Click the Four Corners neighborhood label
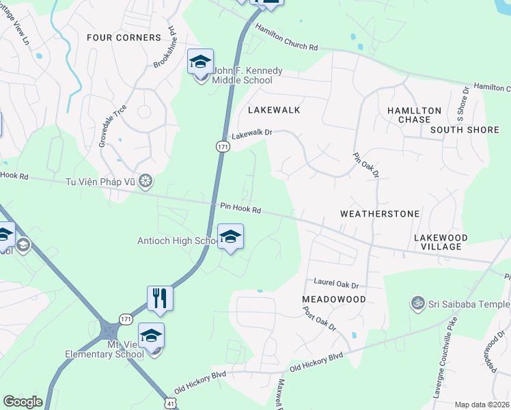(x=124, y=38)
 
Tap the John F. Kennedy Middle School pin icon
(x=201, y=62)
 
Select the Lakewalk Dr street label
(x=252, y=135)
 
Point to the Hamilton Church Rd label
(x=287, y=38)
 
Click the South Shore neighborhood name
(x=465, y=130)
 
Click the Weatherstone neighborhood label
(x=380, y=214)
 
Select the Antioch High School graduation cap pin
(x=230, y=237)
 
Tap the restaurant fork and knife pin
(x=160, y=298)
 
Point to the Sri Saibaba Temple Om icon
(x=416, y=302)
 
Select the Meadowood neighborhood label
(x=334, y=299)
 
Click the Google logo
(x=23, y=402)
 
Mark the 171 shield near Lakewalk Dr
(x=222, y=147)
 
